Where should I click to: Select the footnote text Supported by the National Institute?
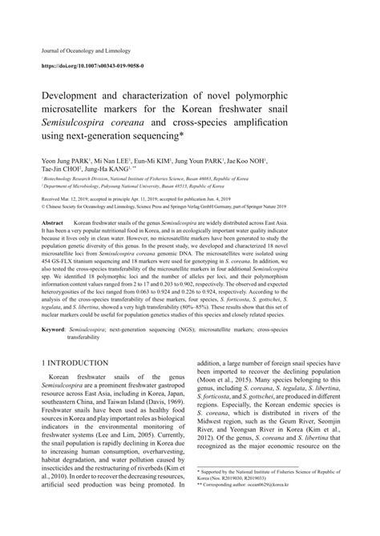[265, 494]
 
